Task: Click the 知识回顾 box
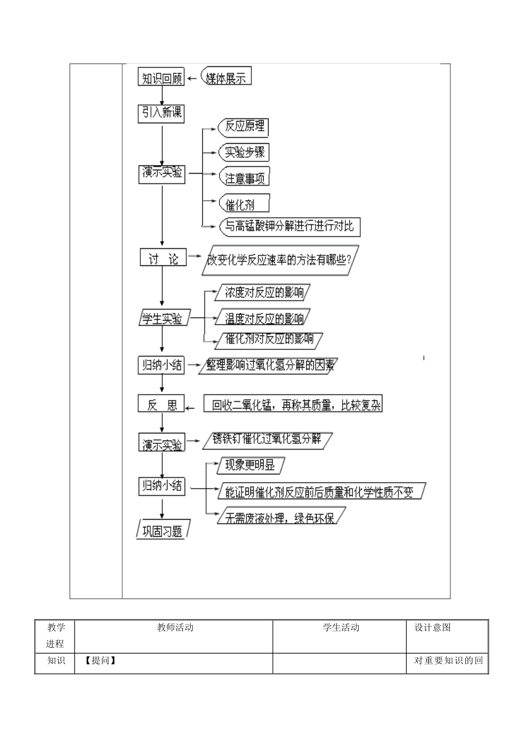coord(161,77)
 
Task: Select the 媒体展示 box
coord(226,76)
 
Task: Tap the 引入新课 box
coord(161,114)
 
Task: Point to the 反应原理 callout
coord(243,128)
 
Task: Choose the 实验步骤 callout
coord(244,152)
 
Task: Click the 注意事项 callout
coord(244,176)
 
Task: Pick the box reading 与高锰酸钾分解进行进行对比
coord(290,227)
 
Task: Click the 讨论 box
coord(163,257)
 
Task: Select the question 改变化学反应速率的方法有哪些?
coord(280,260)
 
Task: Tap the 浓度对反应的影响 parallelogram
coord(262,292)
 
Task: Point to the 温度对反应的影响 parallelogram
coord(262,317)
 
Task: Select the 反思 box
coord(161,403)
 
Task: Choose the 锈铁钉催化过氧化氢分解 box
coord(267,441)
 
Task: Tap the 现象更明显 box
coord(251,465)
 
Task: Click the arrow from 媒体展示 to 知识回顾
coord(192,79)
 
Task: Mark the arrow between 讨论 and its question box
coord(195,256)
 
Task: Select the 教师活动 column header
coord(175,627)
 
